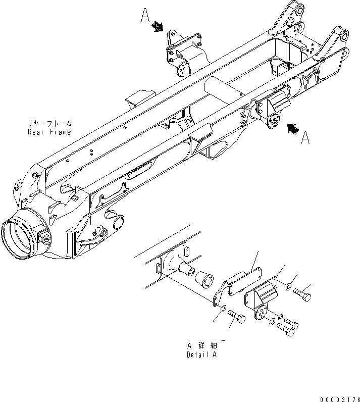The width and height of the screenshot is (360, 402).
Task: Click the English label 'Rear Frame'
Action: click(49, 132)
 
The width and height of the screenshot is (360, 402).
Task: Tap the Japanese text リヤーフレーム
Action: click(49, 123)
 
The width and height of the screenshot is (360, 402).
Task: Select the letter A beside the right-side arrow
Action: click(305, 138)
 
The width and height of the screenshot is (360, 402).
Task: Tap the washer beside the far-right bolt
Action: click(287, 288)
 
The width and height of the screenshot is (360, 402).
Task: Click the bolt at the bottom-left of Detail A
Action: click(238, 317)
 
